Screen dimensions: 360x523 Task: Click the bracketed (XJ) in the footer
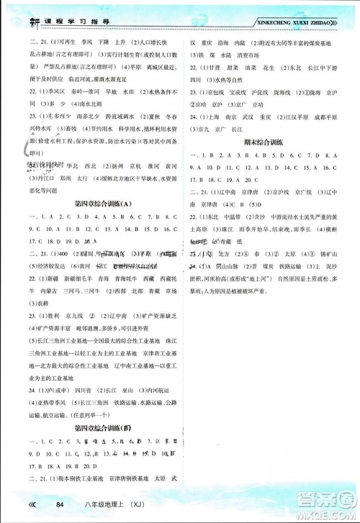tap(133, 506)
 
